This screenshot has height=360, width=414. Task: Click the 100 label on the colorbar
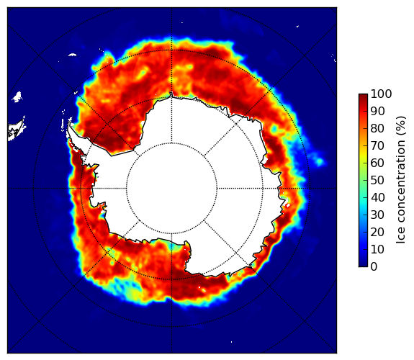tap(381, 94)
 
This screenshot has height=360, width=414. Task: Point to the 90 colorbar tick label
tap(377, 111)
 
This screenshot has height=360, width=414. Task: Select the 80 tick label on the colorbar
tap(377, 128)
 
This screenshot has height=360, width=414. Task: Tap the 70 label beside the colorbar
tap(377, 145)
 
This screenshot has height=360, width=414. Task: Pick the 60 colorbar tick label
tap(377, 163)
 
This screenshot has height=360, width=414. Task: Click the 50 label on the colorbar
tap(377, 181)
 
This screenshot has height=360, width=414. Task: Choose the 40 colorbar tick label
tap(377, 197)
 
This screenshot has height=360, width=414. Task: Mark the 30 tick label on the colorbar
tap(377, 215)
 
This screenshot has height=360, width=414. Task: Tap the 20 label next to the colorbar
tap(377, 232)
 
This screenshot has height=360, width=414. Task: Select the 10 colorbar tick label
tap(377, 249)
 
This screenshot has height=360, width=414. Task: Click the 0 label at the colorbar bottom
tap(374, 267)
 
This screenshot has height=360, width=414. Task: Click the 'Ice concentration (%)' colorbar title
tap(400, 180)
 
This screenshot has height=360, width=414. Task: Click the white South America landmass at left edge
tap(17, 130)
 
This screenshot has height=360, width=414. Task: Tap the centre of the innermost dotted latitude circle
tap(171, 189)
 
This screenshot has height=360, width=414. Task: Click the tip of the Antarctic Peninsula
tap(69, 123)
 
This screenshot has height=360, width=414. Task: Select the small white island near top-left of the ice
tap(72, 55)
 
